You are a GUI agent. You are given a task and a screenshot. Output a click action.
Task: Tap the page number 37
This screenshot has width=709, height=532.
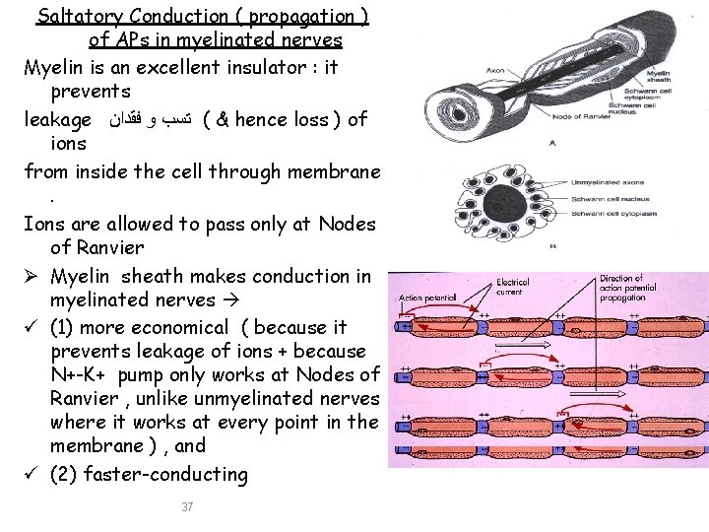point(187,506)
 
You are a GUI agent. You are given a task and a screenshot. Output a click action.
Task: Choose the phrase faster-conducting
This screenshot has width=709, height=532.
point(178,474)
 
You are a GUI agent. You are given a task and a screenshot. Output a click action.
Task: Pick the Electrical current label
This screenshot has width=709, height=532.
point(513,286)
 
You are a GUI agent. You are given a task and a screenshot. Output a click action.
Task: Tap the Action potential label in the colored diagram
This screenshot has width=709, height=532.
point(427,297)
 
